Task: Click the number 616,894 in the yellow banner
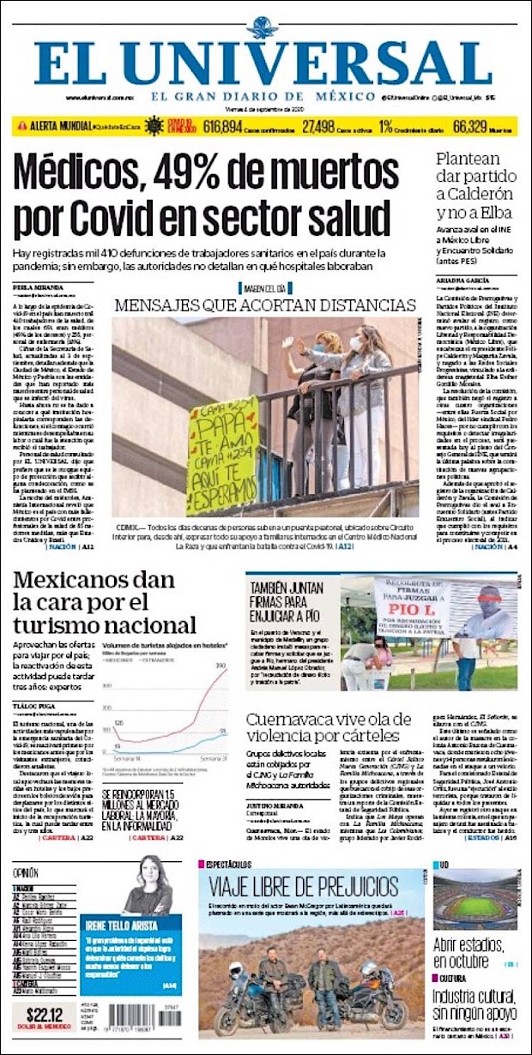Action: click(204, 126)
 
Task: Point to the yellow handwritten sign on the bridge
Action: click(221, 455)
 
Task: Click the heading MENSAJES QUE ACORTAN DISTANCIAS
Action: click(264, 306)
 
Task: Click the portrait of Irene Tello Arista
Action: click(148, 888)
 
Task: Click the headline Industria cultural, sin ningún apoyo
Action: click(475, 1004)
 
